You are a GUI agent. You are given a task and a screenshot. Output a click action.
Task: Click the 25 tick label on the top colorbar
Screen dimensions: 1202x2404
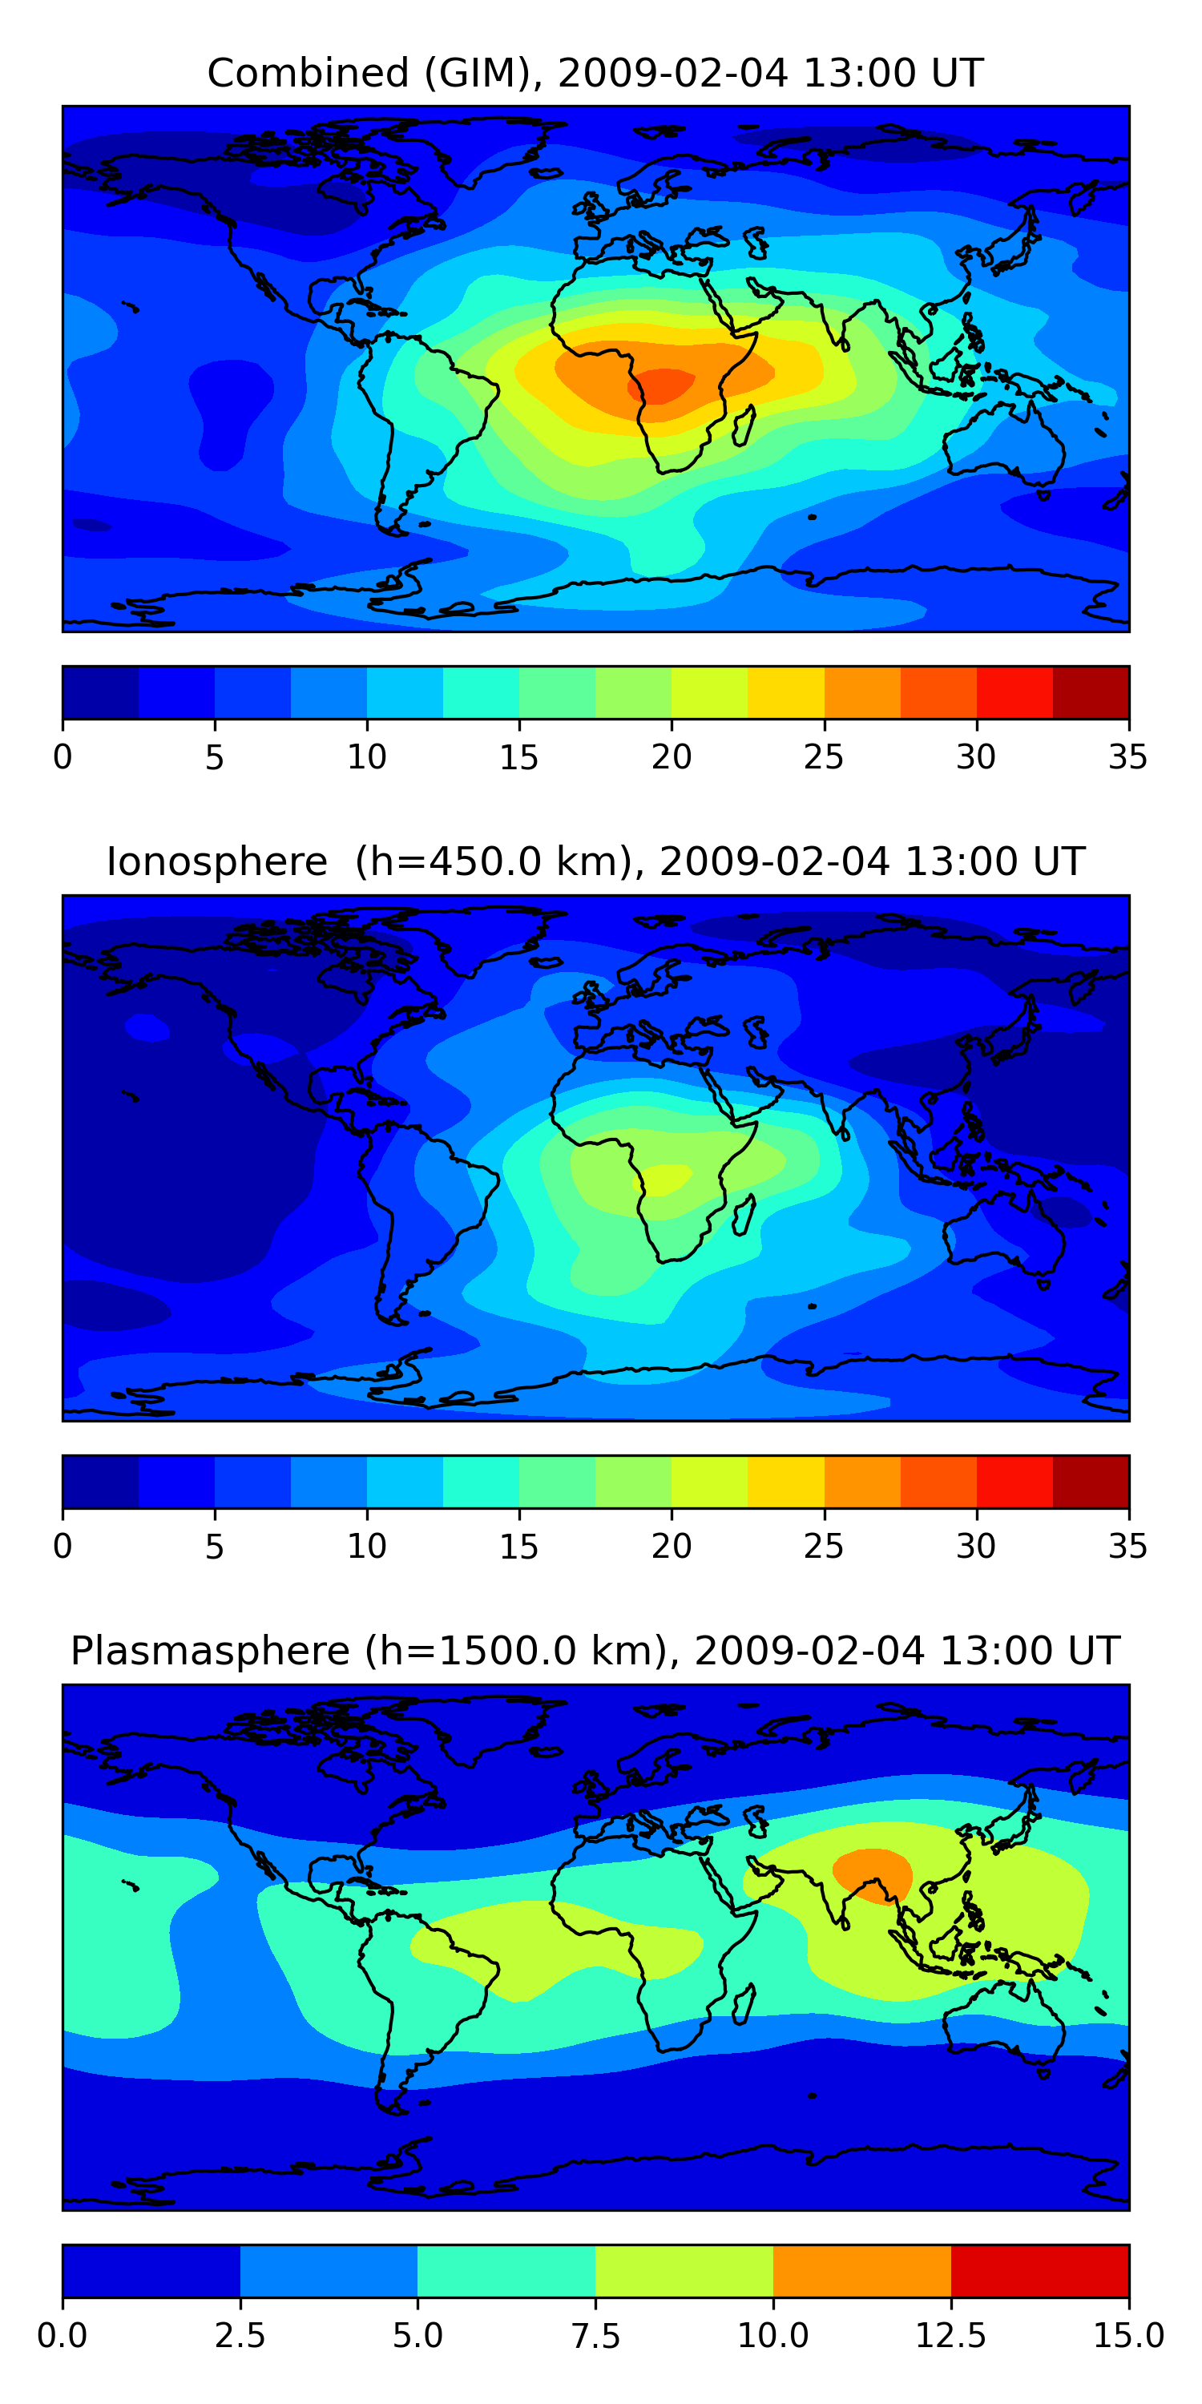point(823,756)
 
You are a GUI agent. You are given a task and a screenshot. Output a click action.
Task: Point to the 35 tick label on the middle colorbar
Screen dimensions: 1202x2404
point(1127,1547)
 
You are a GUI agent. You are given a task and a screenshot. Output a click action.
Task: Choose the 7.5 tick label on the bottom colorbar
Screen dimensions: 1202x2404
point(595,2336)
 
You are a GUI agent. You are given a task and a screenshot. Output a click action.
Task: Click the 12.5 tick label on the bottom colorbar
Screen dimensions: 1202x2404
point(950,2336)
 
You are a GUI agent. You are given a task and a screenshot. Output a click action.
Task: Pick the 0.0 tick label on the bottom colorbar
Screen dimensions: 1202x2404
point(63,2336)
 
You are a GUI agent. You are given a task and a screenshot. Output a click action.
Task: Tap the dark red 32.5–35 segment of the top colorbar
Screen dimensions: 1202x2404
point(1091,692)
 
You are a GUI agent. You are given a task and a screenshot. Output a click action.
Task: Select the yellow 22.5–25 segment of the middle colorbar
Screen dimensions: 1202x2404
point(786,1482)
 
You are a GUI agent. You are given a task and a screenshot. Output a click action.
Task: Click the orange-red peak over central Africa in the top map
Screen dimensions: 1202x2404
point(662,385)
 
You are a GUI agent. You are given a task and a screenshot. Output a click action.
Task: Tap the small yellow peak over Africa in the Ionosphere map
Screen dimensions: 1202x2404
point(664,1179)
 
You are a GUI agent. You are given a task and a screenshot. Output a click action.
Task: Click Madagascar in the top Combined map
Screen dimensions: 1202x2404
point(744,426)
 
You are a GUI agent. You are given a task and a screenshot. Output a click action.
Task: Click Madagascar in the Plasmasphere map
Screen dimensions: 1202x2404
point(744,2006)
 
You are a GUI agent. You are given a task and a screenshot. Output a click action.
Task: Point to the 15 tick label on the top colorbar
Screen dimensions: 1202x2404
point(519,756)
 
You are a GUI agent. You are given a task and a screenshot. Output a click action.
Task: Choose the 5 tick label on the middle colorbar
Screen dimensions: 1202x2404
point(215,1547)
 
